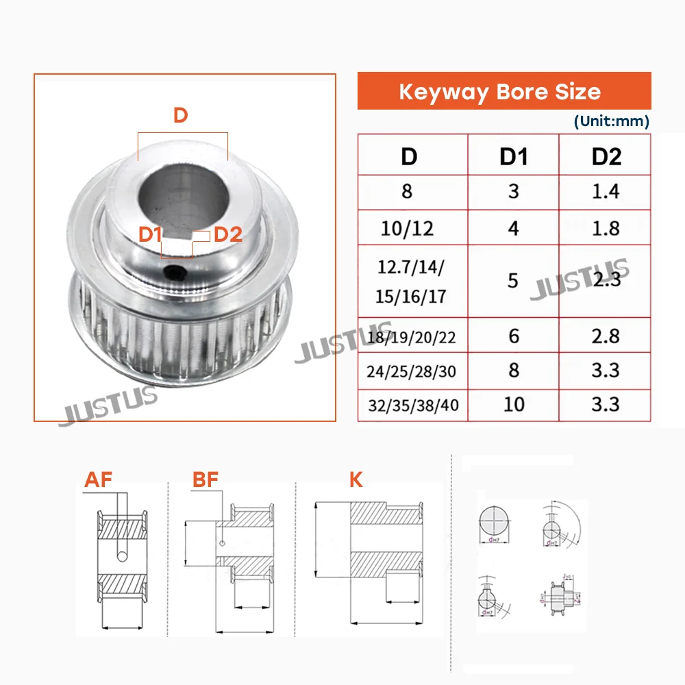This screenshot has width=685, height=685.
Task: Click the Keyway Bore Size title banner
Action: click(504, 91)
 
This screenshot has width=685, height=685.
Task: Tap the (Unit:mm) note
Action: click(611, 121)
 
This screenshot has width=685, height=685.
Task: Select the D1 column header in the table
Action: click(513, 156)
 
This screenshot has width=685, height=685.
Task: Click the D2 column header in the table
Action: click(606, 156)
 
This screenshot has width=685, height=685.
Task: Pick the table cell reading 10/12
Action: click(407, 228)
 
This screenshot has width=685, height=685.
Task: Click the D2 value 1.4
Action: click(606, 191)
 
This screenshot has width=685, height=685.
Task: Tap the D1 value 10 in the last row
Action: click(513, 404)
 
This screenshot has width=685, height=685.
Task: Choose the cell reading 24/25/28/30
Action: click(411, 371)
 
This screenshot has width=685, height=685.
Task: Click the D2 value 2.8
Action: click(606, 336)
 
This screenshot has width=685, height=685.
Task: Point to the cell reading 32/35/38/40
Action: click(412, 406)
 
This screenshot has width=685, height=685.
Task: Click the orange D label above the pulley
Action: click(180, 115)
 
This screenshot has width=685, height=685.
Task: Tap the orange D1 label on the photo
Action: click(150, 234)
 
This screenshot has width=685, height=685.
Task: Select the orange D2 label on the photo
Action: click(228, 234)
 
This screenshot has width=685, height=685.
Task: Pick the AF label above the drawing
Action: click(98, 480)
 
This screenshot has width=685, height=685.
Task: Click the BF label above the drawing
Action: click(206, 480)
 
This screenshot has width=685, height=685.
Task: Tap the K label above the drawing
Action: click(356, 480)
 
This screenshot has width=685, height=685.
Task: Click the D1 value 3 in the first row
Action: click(513, 191)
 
